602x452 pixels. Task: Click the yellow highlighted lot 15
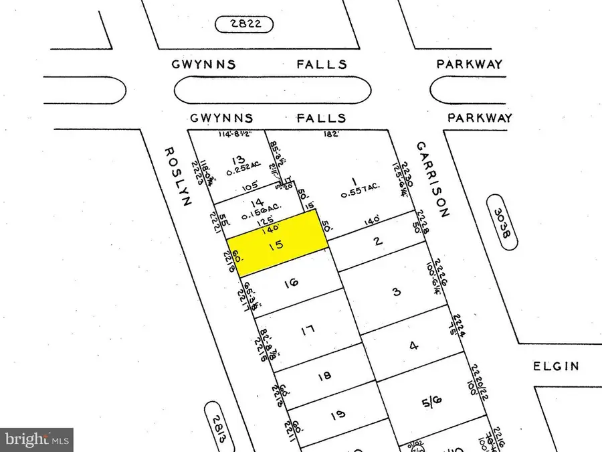pyautogui.click(x=277, y=243)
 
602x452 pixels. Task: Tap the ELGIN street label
pyautogui.click(x=556, y=366)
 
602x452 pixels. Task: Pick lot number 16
pyautogui.click(x=291, y=284)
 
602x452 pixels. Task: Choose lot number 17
pyautogui.click(x=308, y=329)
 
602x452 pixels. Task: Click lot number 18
pyautogui.click(x=324, y=376)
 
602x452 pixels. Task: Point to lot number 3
pyautogui.click(x=396, y=292)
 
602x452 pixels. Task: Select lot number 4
pyautogui.click(x=414, y=346)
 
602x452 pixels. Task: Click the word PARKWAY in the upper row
pyautogui.click(x=469, y=65)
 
